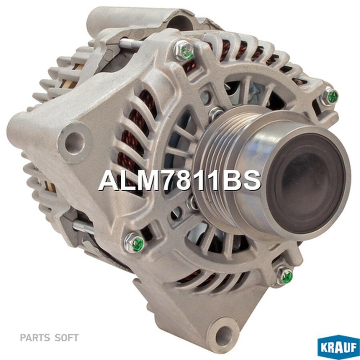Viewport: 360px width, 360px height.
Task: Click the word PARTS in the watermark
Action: coord(35,338)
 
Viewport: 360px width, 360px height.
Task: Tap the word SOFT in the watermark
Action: coord(66,338)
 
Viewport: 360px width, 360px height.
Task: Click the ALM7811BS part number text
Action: coord(180,180)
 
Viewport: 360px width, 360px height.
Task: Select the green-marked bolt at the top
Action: coord(184,51)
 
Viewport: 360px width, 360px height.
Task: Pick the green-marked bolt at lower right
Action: coord(285,275)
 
